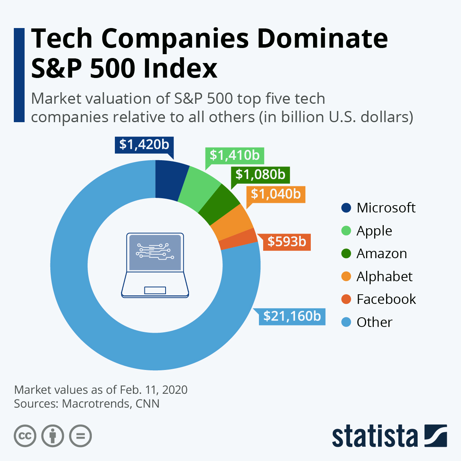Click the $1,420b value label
(144, 144)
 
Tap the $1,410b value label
(234, 155)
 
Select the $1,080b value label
(260, 174)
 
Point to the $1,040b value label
(275, 194)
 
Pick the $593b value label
(287, 242)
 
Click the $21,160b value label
(292, 316)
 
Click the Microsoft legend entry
(378, 208)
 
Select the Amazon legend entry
(374, 254)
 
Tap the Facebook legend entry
(378, 299)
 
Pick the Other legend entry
(367, 322)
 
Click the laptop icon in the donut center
(155, 265)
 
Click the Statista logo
(389, 436)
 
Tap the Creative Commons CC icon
(25, 436)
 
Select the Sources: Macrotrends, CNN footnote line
(87, 404)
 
